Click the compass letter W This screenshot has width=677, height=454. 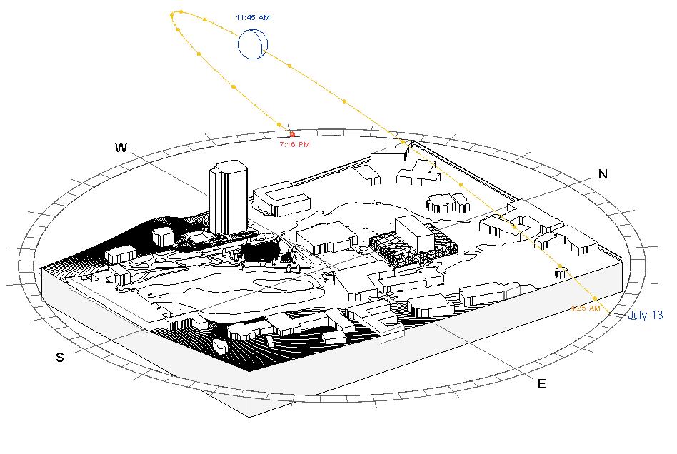click(x=121, y=148)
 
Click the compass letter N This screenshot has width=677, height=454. click(x=603, y=174)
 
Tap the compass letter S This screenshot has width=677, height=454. click(x=60, y=358)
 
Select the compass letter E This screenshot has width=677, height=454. click(x=541, y=384)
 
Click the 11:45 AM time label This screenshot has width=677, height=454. click(x=253, y=16)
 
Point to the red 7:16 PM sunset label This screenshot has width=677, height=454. click(x=294, y=145)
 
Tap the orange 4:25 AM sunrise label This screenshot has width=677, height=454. click(x=586, y=308)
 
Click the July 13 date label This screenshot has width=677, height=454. click(x=646, y=315)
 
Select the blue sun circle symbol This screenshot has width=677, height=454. click(x=253, y=44)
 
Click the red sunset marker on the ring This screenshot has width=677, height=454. click(x=292, y=134)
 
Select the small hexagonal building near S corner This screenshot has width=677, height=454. click(x=221, y=347)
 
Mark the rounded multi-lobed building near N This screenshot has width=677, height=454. click(x=447, y=203)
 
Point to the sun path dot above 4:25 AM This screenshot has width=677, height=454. click(x=561, y=268)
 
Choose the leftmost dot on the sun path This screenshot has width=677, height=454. click(x=172, y=14)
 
